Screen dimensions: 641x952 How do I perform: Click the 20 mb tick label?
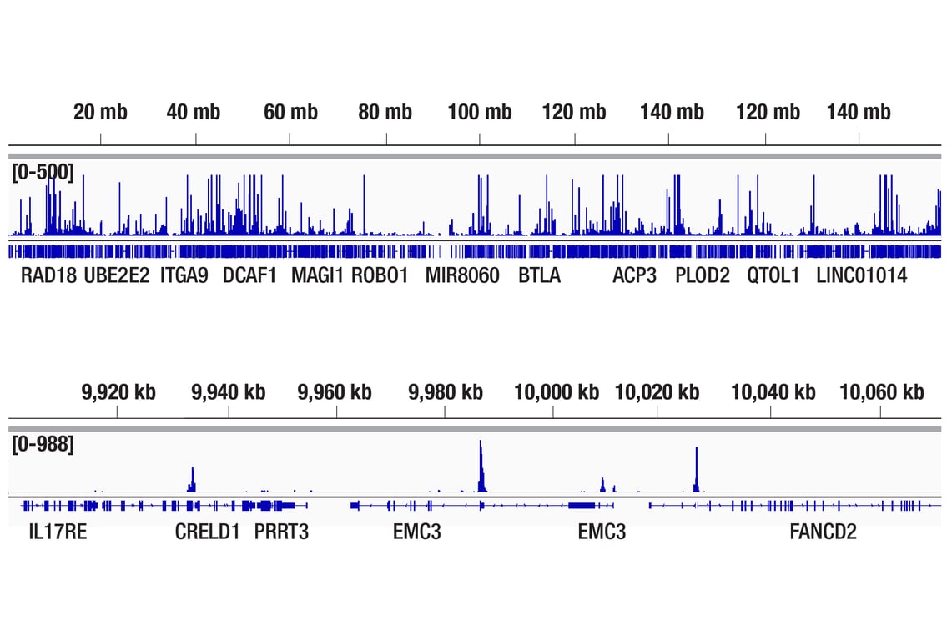(x=100, y=112)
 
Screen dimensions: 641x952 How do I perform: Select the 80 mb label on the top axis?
(x=385, y=112)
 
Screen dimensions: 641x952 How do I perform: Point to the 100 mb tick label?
(x=479, y=112)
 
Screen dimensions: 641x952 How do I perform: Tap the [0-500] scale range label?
(x=43, y=173)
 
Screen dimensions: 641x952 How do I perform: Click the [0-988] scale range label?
(x=43, y=445)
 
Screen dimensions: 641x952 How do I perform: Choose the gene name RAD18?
(x=48, y=275)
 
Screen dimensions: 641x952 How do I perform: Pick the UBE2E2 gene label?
(x=117, y=275)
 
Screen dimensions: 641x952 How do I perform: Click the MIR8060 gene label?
(x=462, y=275)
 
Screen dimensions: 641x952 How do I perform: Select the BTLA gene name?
(x=539, y=275)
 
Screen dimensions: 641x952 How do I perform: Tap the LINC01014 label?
(x=861, y=275)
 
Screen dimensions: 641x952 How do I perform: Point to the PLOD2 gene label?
(x=703, y=275)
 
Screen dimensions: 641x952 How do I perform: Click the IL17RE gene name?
(x=57, y=531)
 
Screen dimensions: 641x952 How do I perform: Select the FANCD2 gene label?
(x=823, y=531)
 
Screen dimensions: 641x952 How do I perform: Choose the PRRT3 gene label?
(x=281, y=531)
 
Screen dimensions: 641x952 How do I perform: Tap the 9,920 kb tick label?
(x=118, y=391)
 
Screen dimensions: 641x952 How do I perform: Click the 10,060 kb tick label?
(x=881, y=391)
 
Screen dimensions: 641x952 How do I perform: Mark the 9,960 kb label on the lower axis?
(x=335, y=391)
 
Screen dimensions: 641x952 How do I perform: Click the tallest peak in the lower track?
(x=481, y=467)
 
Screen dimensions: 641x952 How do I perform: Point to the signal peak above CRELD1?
(x=192, y=480)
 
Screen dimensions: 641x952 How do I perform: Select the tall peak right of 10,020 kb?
(x=696, y=471)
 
